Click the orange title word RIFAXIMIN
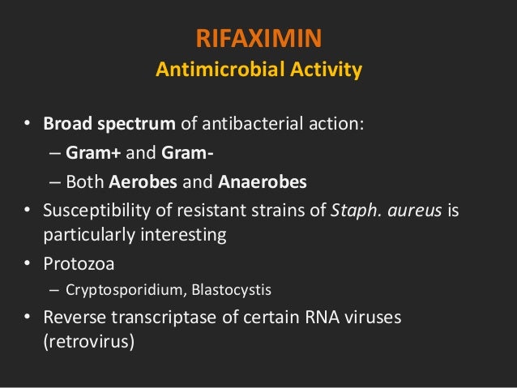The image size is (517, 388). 258,38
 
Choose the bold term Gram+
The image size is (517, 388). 91,153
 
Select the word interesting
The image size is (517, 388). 181,235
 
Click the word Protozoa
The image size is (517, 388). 78,264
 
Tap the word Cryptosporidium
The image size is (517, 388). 122,289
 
